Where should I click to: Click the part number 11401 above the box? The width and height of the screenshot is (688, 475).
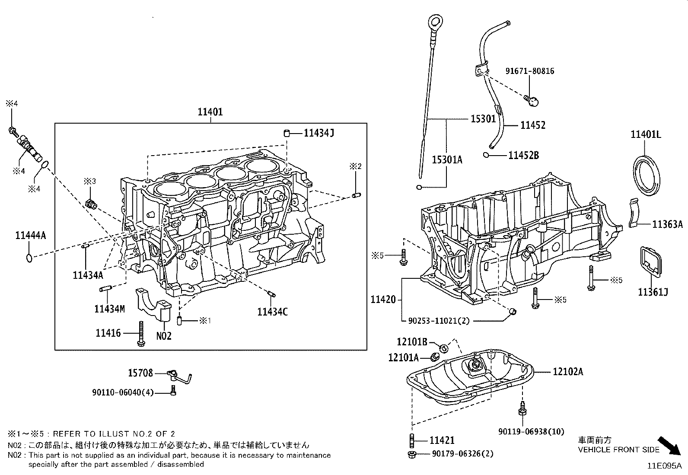point(210,112)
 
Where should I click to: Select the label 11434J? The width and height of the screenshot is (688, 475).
point(319,133)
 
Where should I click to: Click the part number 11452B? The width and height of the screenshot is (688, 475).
point(523,155)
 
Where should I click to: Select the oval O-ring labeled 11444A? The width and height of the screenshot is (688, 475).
point(29,258)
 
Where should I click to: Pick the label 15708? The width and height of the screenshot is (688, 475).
point(140,373)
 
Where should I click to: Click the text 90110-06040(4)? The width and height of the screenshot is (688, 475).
point(123,392)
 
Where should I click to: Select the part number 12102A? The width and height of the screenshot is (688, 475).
point(567,371)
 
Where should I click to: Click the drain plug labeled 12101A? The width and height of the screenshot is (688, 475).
point(435,357)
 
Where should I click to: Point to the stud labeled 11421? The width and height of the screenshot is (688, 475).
point(411,440)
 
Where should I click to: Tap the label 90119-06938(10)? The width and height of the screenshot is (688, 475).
point(531,431)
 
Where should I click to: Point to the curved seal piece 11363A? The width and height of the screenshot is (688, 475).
point(634,212)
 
